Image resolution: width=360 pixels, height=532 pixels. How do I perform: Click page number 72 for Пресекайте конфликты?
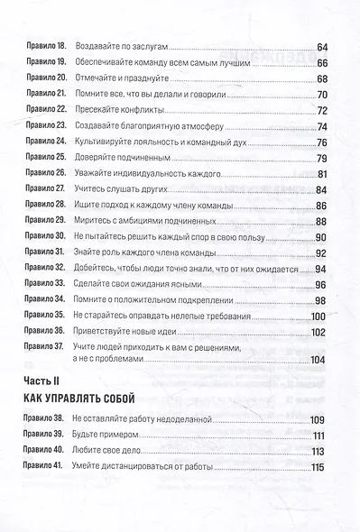tap(321, 110)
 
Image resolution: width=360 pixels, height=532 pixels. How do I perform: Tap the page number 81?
tap(322, 174)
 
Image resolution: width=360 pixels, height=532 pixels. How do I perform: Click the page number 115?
tap(318, 467)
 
